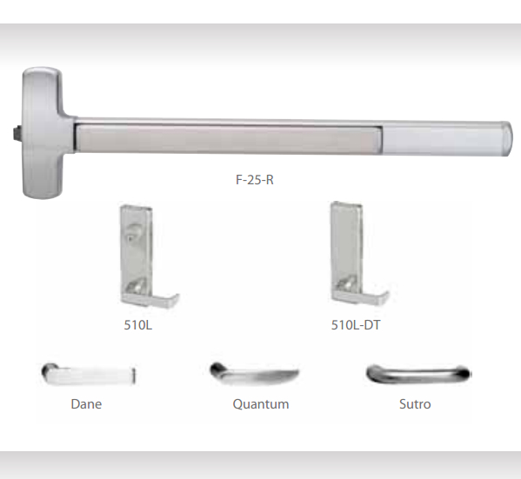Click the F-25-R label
(x=255, y=180)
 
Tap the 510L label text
(x=138, y=324)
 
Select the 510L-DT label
(x=356, y=324)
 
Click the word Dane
(x=86, y=404)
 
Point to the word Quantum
(x=261, y=404)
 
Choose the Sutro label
(x=415, y=404)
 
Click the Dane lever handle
(x=89, y=375)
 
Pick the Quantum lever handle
(x=254, y=375)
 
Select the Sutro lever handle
(x=418, y=374)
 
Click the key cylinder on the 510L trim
(x=133, y=231)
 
